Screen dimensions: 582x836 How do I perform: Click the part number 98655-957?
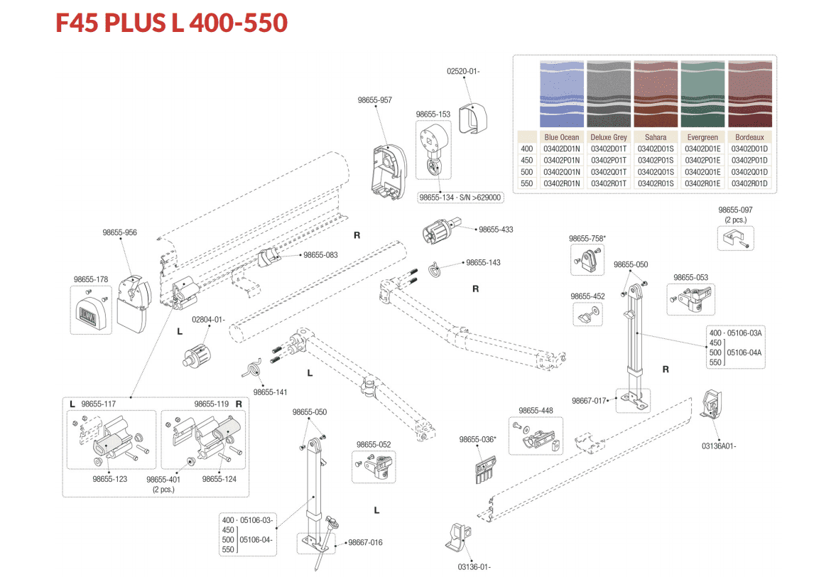(374, 100)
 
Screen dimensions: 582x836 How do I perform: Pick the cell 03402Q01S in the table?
(656, 171)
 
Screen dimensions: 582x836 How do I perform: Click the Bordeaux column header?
(751, 137)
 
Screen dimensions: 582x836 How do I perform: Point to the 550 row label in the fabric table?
(526, 183)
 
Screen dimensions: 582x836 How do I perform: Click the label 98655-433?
(496, 230)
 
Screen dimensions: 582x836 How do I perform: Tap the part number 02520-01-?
(464, 71)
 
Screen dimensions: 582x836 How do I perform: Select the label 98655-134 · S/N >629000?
(460, 198)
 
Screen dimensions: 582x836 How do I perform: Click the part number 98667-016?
(365, 542)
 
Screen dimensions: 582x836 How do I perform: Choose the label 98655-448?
(536, 410)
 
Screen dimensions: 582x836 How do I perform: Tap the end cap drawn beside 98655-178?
(92, 313)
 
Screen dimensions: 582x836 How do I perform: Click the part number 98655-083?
(320, 254)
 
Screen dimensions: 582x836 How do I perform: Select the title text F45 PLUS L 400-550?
(171, 23)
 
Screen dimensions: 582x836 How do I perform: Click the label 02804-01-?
(208, 319)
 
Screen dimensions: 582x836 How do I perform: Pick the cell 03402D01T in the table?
(609, 149)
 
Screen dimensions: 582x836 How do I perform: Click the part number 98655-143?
(483, 262)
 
